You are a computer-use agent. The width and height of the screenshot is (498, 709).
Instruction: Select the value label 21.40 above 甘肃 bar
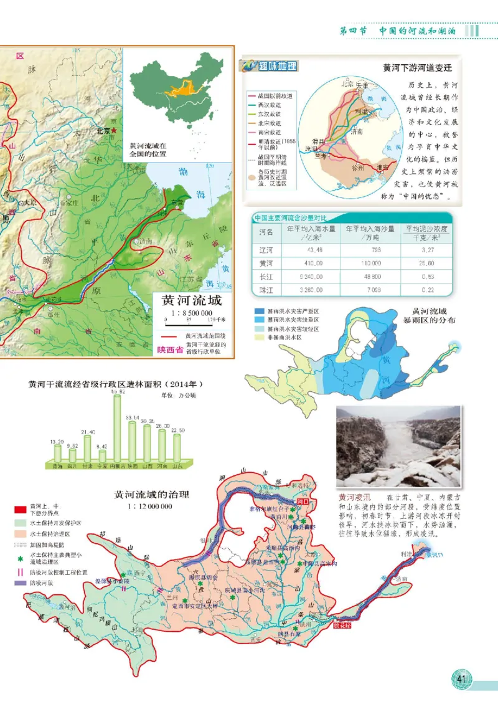pos(88,432)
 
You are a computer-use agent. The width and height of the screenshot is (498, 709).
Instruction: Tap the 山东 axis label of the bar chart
pos(177,466)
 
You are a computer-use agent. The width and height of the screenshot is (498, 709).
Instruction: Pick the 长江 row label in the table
pos(266,277)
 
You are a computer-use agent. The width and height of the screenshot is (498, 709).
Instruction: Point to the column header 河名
pos(266,232)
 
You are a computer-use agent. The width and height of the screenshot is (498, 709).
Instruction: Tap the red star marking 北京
pos(113,131)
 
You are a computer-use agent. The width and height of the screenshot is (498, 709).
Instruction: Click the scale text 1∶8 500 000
pos(189,313)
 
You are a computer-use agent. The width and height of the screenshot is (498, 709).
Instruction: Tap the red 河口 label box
pos(303,500)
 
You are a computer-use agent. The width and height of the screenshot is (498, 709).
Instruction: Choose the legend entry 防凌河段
pos(41,583)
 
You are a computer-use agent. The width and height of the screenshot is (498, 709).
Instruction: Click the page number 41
pos(461,678)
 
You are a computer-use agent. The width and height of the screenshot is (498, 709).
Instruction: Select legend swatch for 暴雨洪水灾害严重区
pos(258,310)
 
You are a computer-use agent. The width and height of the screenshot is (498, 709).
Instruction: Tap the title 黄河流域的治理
pos(152,495)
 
